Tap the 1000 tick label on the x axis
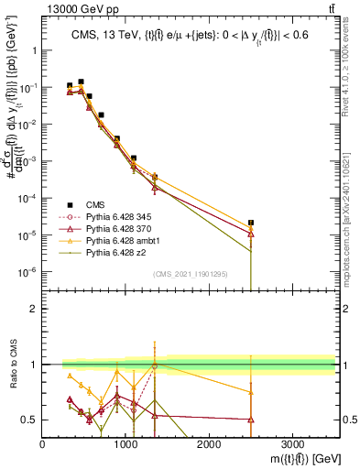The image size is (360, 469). click(125, 444)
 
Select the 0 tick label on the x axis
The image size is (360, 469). click(43, 444)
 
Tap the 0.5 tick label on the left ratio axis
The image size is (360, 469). click(30, 420)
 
